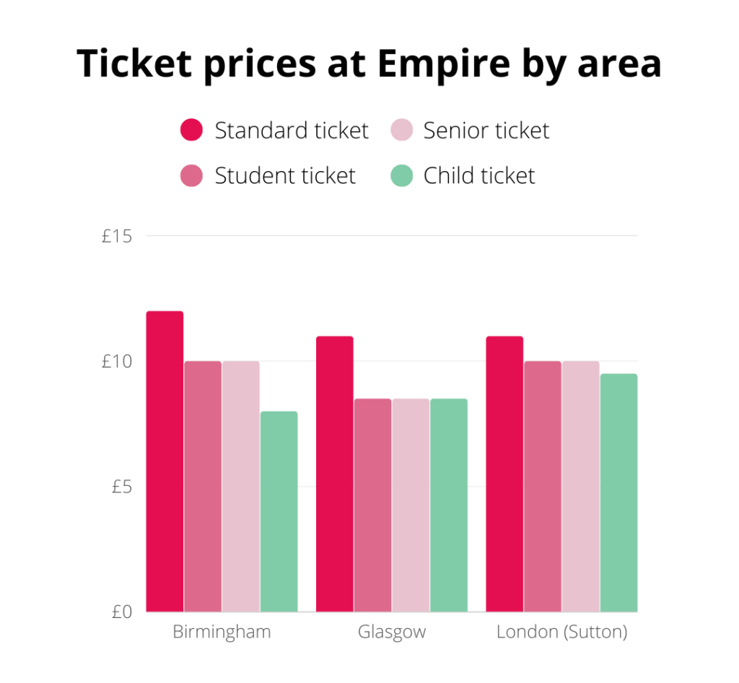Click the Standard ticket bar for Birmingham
165,462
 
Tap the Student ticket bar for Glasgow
372,505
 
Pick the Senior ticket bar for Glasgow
411,505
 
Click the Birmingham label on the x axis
222,632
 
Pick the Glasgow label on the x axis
392,632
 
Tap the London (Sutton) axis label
561,632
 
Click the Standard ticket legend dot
191,131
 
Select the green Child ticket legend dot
401,175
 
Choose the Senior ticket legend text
486,131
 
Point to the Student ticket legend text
285,175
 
